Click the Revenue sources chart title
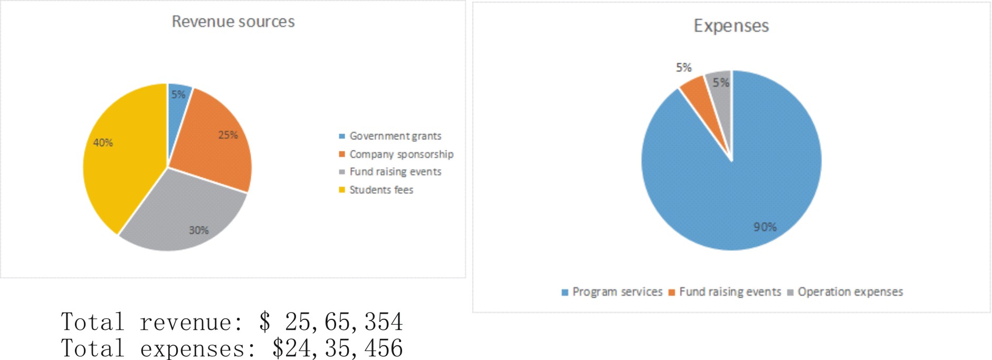click(233, 22)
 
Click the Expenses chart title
click(731, 26)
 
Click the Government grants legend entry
click(395, 136)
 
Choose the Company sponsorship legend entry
click(401, 154)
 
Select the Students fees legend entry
click(381, 190)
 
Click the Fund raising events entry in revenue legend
click(395, 172)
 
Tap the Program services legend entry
click(617, 292)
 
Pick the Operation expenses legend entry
click(850, 292)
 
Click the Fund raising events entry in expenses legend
click(730, 292)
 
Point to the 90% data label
click(765, 227)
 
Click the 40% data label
click(103, 143)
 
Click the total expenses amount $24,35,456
click(337, 348)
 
